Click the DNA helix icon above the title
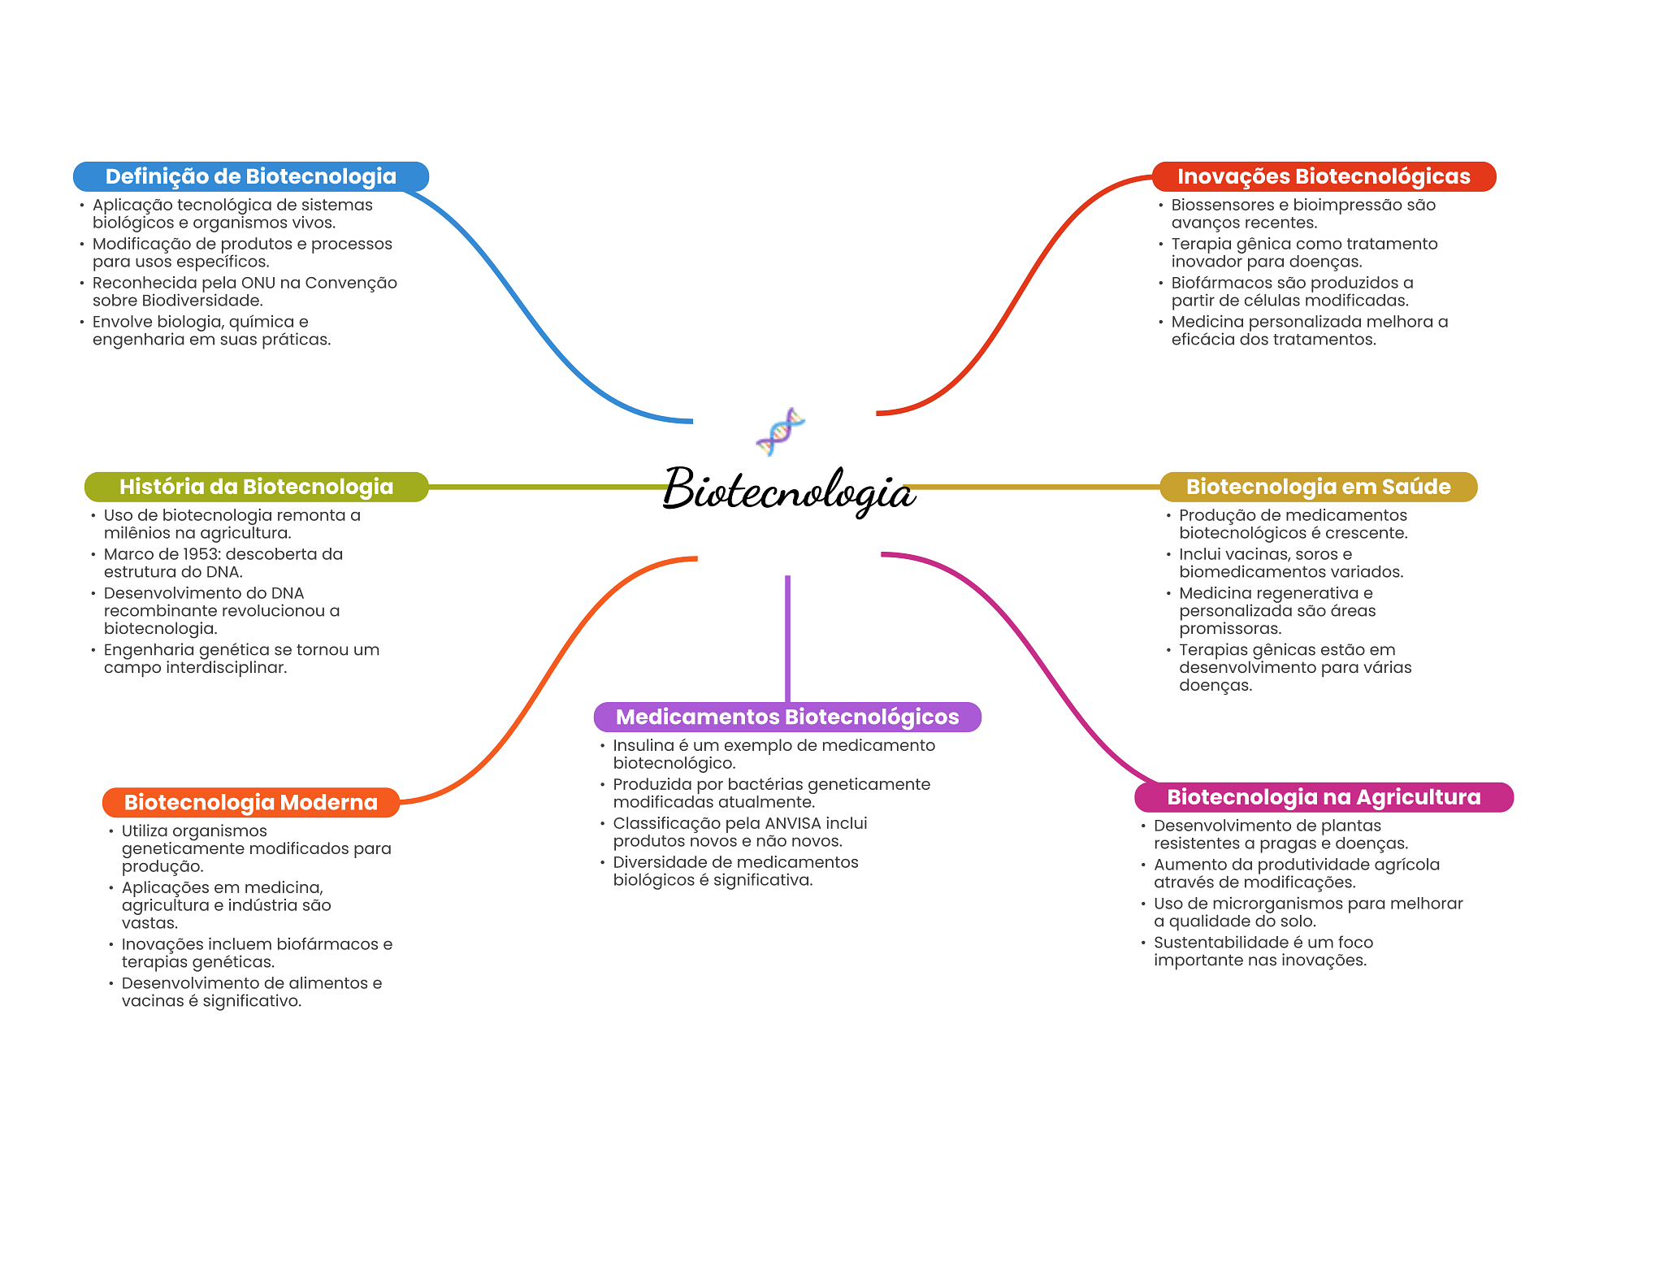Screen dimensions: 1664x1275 [x=780, y=432]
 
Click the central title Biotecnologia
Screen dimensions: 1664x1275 [x=789, y=491]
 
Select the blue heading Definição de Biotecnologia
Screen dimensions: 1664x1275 [x=250, y=176]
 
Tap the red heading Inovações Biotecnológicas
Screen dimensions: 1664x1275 [x=1323, y=176]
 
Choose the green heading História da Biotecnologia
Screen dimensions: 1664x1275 [x=256, y=487]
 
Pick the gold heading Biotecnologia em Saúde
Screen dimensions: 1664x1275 [x=1317, y=487]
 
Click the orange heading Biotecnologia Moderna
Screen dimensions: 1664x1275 [x=250, y=802]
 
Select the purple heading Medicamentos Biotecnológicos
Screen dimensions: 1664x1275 [x=786, y=717]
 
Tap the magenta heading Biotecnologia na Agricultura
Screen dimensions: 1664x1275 [x=1323, y=797]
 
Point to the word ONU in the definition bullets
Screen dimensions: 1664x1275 [x=258, y=283]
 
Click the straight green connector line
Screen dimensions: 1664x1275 [x=544, y=487]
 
